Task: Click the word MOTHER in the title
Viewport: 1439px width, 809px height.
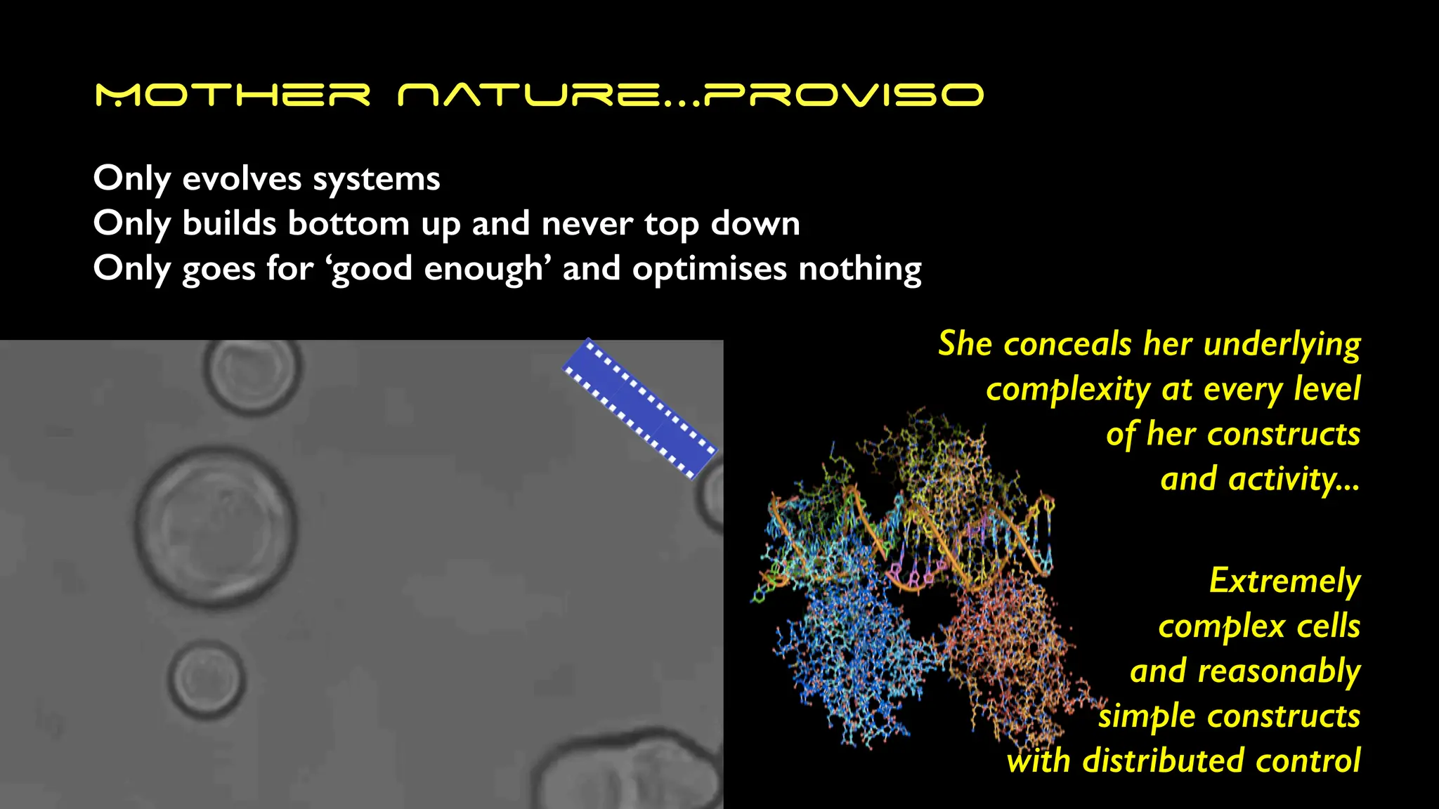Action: pyautogui.click(x=233, y=95)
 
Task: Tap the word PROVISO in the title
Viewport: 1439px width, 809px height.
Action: pyautogui.click(x=844, y=95)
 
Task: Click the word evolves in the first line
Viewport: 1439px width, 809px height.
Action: pyautogui.click(x=242, y=178)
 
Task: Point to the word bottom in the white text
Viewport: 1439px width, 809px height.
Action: pyautogui.click(x=349, y=223)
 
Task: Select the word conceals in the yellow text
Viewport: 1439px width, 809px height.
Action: pyautogui.click(x=1068, y=344)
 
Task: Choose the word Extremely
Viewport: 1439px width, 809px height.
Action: pyautogui.click(x=1284, y=581)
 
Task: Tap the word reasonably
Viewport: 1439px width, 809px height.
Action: pyautogui.click(x=1279, y=672)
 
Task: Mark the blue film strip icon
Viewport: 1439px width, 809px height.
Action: pyautogui.click(x=639, y=409)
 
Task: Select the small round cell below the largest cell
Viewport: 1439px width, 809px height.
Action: pyautogui.click(x=207, y=679)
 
